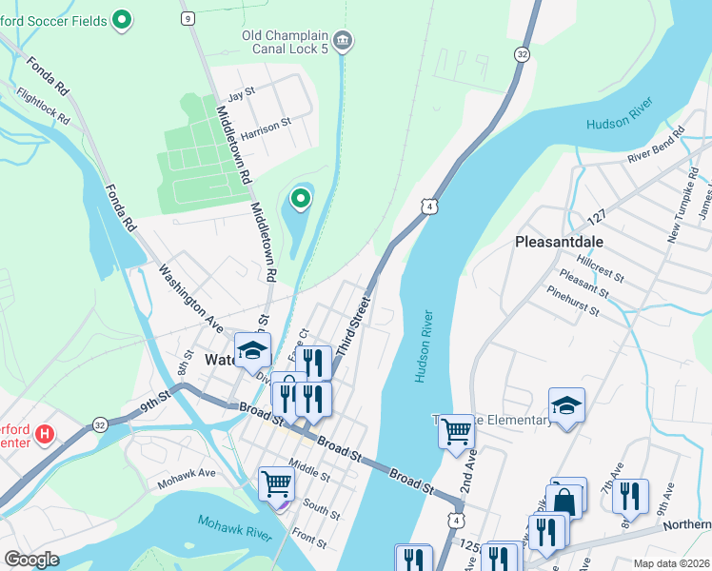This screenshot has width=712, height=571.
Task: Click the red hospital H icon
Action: tap(43, 435)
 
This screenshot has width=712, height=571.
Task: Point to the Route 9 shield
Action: tap(188, 18)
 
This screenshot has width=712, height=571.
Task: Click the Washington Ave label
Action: tap(190, 291)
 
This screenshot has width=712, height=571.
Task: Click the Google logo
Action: tap(31, 559)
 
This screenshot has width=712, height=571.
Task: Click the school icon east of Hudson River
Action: tap(566, 405)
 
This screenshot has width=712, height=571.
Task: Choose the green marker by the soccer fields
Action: tap(122, 18)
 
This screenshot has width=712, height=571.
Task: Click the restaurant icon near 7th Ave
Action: tap(630, 496)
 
